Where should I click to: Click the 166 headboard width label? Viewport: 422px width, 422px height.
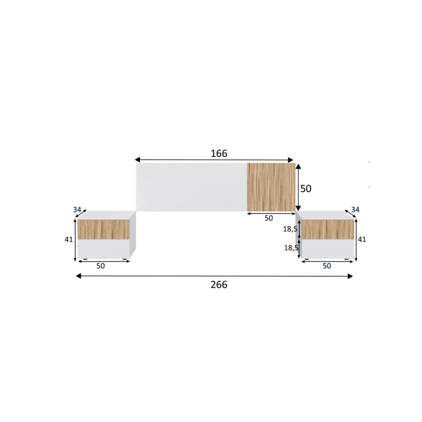tap(219, 154)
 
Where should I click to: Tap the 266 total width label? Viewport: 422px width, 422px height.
tap(219, 285)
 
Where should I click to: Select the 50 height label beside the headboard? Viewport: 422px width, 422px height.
tap(306, 188)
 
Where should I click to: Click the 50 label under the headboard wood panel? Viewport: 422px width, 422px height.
tap(269, 218)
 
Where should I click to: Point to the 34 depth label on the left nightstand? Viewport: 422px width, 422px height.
tap(77, 210)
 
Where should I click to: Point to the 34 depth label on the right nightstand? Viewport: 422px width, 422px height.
tap(355, 210)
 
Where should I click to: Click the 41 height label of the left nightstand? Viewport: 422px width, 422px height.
tap(69, 239)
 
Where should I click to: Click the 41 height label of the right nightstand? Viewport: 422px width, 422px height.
tap(362, 239)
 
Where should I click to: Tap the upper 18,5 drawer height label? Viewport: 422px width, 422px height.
tap(290, 229)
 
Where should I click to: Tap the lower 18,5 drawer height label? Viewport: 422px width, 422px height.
tap(291, 248)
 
